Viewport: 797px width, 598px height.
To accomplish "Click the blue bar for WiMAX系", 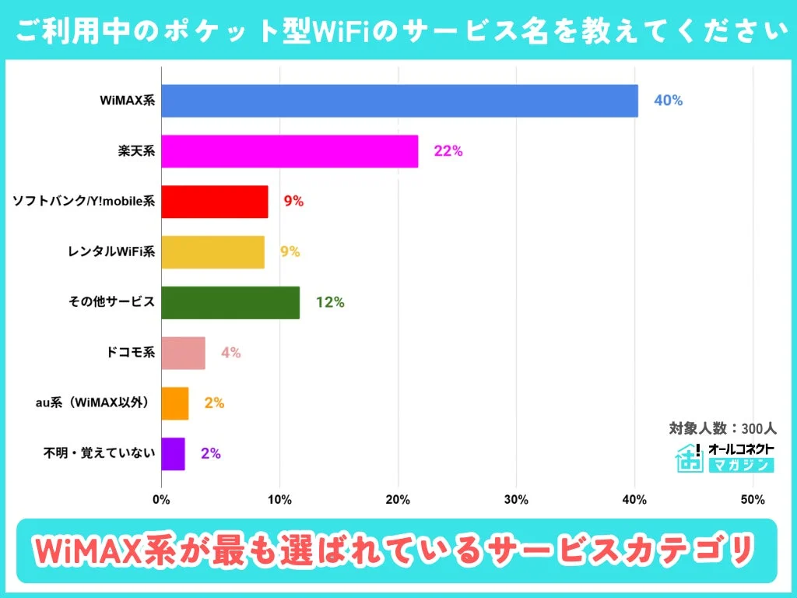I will [x=399, y=101].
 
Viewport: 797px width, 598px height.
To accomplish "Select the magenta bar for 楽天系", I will [x=290, y=151].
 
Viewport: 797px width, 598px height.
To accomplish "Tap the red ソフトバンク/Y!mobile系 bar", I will [x=215, y=202].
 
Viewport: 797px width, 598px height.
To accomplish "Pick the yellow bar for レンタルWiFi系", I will [x=212, y=252].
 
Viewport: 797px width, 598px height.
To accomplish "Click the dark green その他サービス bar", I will [x=230, y=302].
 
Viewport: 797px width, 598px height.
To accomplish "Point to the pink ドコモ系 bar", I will [x=183, y=353].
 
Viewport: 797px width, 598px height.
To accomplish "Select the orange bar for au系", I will [x=175, y=403].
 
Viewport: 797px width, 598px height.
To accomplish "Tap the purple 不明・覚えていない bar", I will [x=173, y=453].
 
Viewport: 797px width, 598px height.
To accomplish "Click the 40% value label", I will [x=668, y=101].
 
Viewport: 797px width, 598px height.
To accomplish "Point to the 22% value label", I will [x=448, y=151].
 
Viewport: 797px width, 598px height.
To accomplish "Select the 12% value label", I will [x=330, y=302].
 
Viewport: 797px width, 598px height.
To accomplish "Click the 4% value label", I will [x=230, y=353].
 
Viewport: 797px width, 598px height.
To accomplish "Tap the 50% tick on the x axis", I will [x=753, y=499].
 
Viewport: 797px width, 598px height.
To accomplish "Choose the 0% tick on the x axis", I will [x=161, y=499].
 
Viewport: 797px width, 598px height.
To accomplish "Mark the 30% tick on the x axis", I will [x=516, y=499].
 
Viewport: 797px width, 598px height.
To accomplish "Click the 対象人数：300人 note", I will [x=722, y=428].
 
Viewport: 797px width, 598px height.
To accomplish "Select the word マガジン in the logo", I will [x=740, y=466].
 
